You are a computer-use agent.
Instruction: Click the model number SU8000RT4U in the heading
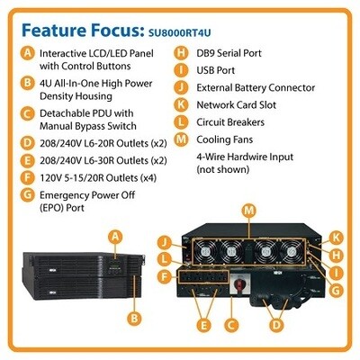point(179,32)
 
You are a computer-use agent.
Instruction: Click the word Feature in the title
point(52,30)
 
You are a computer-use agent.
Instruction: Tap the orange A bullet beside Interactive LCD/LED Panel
point(27,54)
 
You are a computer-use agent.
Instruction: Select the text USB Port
point(216,70)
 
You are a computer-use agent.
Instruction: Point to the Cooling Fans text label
point(225,139)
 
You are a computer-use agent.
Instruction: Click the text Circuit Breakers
point(230,122)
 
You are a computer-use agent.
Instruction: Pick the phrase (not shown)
point(223,169)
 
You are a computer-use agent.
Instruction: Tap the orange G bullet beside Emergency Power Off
point(27,195)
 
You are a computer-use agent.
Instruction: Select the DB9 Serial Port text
point(229,53)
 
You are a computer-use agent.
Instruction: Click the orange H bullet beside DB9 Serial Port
point(181,53)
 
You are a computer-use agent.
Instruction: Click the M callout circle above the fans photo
point(249,211)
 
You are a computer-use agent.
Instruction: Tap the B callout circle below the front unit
point(134,318)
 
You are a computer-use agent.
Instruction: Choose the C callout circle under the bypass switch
point(231,325)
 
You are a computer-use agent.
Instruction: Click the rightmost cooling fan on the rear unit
point(291,250)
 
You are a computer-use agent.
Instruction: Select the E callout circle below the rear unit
point(203,325)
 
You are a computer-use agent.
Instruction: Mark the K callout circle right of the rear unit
point(336,238)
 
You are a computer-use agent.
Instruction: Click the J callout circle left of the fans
point(164,242)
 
